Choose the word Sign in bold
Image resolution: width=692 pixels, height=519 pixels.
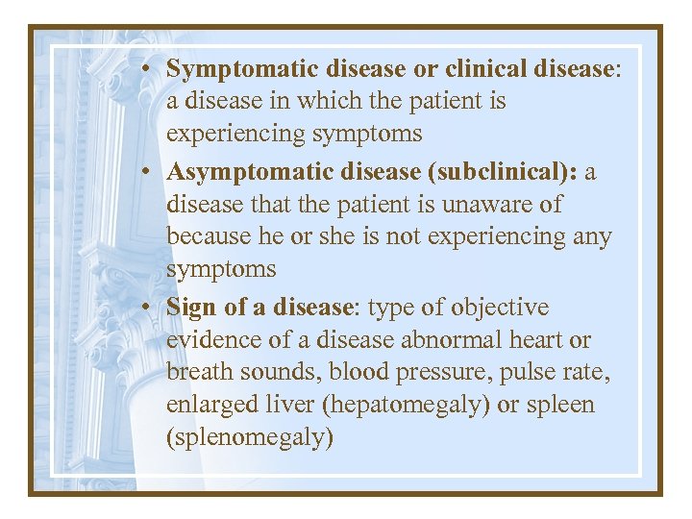point(187,308)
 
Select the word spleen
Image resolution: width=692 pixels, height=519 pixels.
point(562,406)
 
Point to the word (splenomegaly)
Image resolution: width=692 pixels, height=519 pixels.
point(250,438)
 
